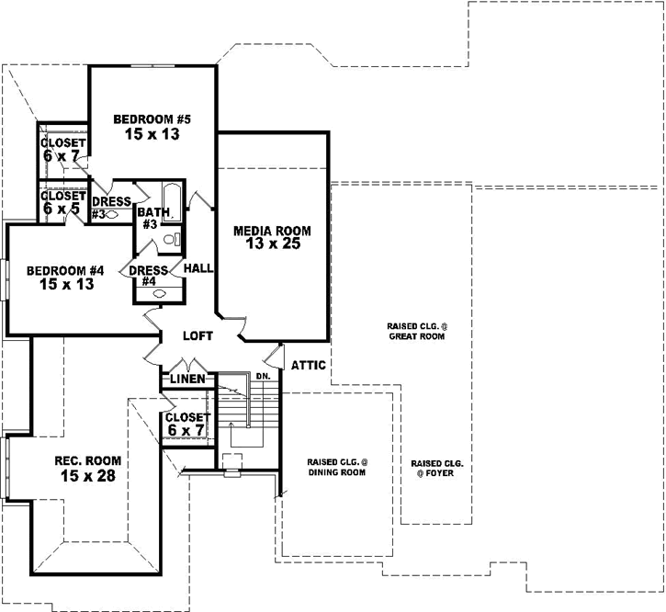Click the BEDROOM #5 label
tap(152, 119)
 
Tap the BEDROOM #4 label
tap(64, 270)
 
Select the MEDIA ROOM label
tap(272, 231)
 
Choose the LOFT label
tap(198, 336)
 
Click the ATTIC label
tap(308, 365)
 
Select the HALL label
tap(198, 267)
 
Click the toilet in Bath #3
tap(170, 240)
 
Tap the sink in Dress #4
tap(159, 293)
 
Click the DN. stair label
tap(263, 376)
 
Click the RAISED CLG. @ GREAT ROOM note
tap(416, 332)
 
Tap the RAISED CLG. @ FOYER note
tap(436, 468)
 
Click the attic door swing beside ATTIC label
tap(273, 355)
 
